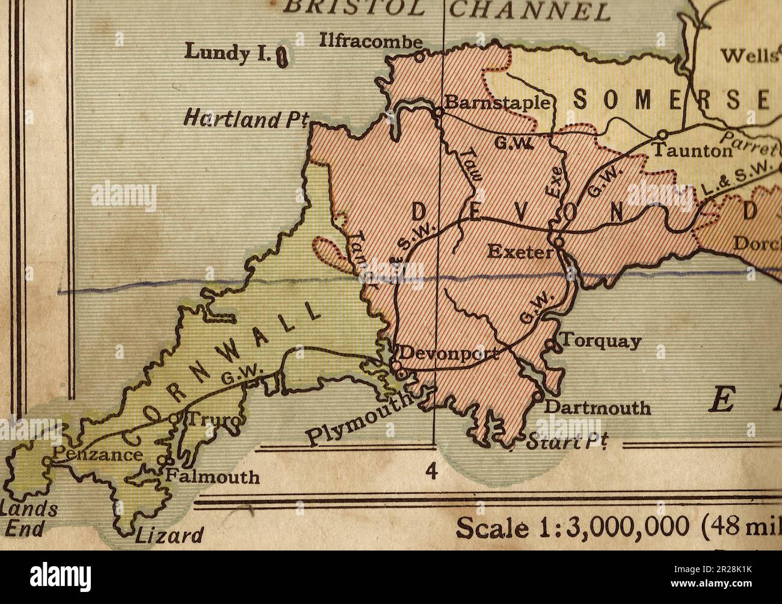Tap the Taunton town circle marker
[x=662, y=134]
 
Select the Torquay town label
[x=601, y=341]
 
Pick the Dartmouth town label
[x=597, y=407]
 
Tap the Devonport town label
[x=448, y=353]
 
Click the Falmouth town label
[x=213, y=477]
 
